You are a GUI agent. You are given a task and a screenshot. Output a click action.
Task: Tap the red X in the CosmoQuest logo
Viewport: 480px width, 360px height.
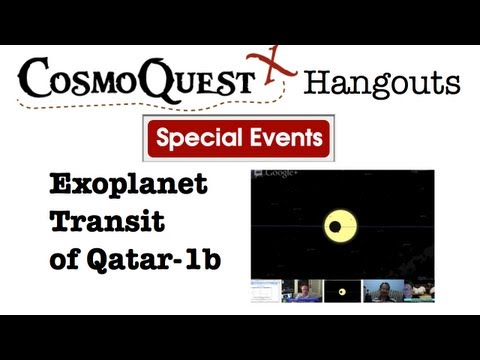pyautogui.click(x=275, y=68)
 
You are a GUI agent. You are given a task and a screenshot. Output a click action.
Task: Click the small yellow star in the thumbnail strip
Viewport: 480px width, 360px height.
pyautogui.click(x=342, y=292)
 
